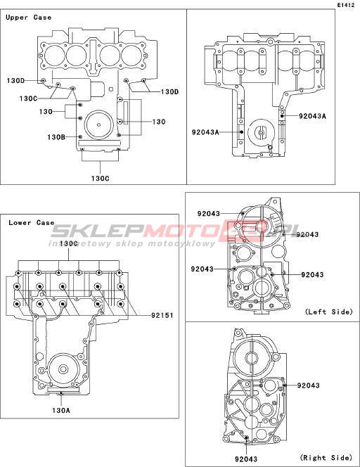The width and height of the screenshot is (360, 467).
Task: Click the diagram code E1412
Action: click(346, 5)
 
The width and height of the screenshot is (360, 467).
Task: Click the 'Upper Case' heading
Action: click(28, 18)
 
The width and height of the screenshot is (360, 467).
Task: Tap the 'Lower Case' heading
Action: click(31, 223)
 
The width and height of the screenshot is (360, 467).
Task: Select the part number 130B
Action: click(56, 137)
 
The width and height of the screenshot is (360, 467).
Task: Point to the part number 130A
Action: click(61, 410)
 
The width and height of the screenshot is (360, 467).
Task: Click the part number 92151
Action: click(162, 315)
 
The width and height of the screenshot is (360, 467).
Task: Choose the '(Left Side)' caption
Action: click(329, 312)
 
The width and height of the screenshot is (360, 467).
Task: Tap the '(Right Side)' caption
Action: click(326, 457)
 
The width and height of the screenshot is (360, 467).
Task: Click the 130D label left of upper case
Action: click(15, 80)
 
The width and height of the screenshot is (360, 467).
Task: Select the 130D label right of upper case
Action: click(169, 91)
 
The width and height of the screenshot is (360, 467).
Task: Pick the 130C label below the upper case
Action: click(100, 179)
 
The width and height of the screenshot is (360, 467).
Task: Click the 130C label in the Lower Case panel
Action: click(69, 243)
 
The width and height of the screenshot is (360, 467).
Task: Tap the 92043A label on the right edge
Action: click(312, 116)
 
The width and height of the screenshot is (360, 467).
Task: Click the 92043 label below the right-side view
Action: click(246, 459)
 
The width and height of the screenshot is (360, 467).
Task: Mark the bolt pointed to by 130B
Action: click(80, 136)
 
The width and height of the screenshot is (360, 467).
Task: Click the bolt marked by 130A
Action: click(61, 393)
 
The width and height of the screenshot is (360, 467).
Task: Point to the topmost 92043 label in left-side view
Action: click(209, 214)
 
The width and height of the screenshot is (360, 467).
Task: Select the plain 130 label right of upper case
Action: click(159, 122)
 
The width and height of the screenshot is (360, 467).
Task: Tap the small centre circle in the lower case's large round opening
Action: click(63, 370)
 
